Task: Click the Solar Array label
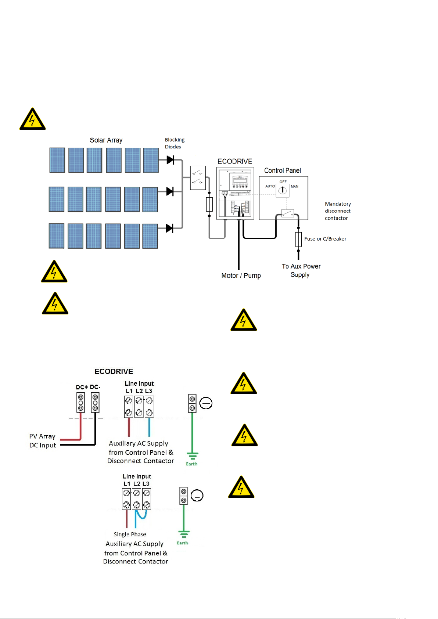coord(106,140)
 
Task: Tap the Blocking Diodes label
coord(175,143)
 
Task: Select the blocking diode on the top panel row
coord(170,160)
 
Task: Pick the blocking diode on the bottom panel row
coord(169,228)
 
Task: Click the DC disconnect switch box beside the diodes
coord(198,178)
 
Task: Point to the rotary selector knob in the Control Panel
coord(282,190)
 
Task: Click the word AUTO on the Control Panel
coord(270,186)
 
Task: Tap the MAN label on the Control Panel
coord(294,186)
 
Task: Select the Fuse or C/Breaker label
coord(325,238)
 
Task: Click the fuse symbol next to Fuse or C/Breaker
coord(298,239)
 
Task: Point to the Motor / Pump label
coord(241,276)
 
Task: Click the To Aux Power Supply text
coord(301,270)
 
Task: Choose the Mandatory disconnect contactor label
coord(338,211)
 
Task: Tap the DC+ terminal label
coord(82,387)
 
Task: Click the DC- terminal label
coord(95,387)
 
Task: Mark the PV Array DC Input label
coord(43,440)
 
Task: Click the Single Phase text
coord(130,534)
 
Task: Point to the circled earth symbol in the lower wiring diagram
coord(197,495)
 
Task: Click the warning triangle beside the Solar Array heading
coord(32,119)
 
